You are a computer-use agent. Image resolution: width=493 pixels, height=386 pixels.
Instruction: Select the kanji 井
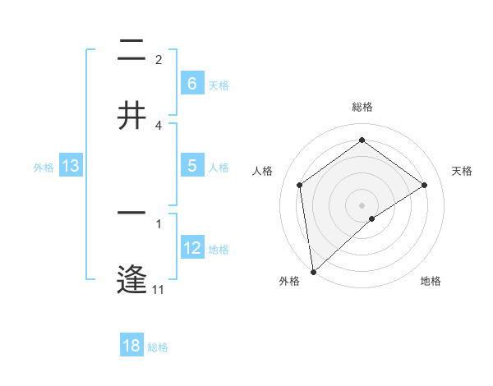tap(131, 114)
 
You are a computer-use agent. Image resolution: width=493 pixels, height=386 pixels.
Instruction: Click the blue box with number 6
tap(191, 83)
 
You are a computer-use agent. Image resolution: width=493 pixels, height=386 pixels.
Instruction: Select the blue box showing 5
tap(191, 166)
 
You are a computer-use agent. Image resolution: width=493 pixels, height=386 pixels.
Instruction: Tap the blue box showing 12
tap(192, 248)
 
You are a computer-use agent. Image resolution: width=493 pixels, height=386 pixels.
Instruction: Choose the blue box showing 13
tap(71, 166)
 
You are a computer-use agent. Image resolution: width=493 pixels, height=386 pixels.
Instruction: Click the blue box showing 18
tap(131, 346)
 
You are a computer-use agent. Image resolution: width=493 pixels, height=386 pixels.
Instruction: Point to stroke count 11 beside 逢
tap(159, 289)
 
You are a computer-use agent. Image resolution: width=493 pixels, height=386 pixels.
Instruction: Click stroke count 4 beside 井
tap(159, 126)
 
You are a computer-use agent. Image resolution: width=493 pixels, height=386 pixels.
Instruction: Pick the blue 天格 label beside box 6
tap(219, 85)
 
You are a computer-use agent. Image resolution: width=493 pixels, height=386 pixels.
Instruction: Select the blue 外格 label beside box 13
tap(44, 168)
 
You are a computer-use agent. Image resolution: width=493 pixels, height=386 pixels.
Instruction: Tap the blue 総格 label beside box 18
tap(158, 347)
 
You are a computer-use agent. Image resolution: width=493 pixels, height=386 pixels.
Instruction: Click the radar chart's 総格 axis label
tap(362, 107)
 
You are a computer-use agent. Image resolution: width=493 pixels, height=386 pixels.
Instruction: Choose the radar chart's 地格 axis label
tap(431, 281)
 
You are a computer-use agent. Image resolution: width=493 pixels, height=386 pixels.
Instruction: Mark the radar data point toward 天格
tap(425, 185)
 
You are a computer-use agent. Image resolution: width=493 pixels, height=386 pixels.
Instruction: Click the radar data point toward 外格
tap(313, 271)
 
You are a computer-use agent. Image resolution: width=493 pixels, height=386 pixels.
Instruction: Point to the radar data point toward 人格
tap(300, 185)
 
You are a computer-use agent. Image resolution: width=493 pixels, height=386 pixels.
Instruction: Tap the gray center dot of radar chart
tap(362, 204)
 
